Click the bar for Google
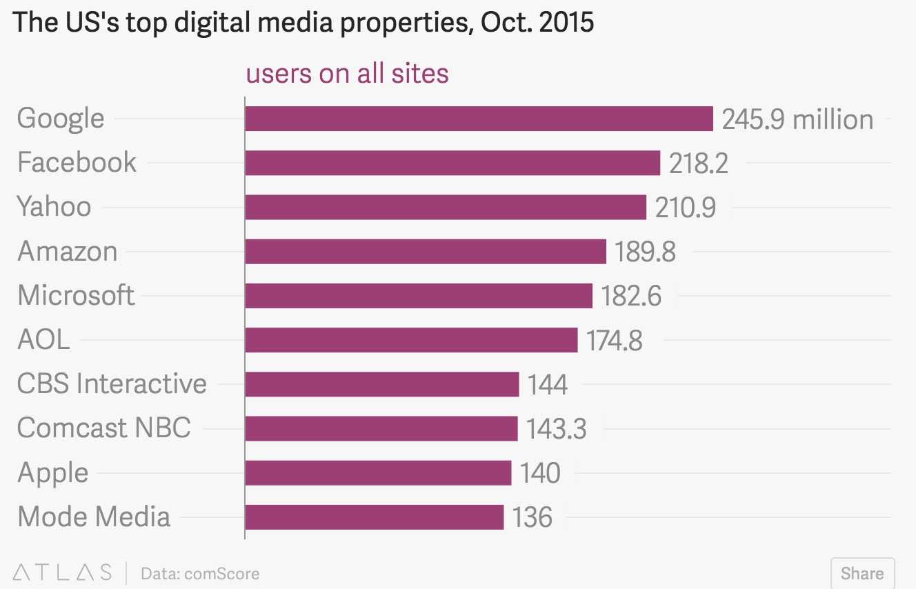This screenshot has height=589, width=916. [479, 119]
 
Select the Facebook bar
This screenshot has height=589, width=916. [452, 163]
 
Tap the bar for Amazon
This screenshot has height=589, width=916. [426, 251]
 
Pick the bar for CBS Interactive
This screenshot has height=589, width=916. [381, 384]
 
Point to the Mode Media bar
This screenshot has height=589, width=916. [374, 517]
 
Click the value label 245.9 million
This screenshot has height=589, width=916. [797, 119]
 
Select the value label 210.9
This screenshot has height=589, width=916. [685, 207]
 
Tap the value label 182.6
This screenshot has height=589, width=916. [631, 296]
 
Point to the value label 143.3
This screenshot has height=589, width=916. [556, 429]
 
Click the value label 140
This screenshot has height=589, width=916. [540, 473]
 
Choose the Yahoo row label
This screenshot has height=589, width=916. [54, 207]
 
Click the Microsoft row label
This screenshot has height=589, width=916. [76, 295]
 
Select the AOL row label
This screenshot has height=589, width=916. [43, 339]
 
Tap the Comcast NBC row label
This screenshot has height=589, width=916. [103, 428]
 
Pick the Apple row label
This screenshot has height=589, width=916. [52, 473]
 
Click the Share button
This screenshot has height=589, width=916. [862, 573]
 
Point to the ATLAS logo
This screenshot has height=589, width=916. [63, 572]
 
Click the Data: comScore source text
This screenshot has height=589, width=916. [200, 573]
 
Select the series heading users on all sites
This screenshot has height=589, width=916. [348, 74]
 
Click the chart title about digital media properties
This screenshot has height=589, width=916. [303, 23]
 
